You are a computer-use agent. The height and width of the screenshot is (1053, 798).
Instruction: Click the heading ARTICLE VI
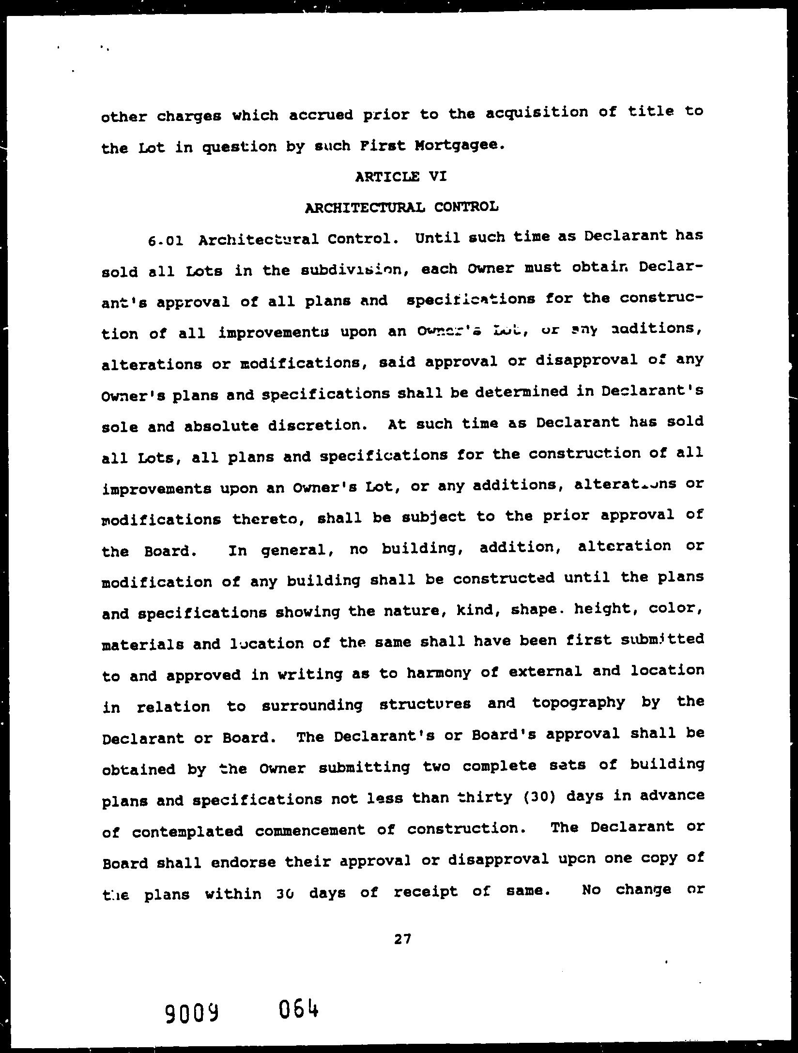(x=400, y=177)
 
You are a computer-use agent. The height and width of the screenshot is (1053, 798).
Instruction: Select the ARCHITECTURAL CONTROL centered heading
(x=401, y=208)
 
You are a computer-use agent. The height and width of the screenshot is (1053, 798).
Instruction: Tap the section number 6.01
(x=166, y=241)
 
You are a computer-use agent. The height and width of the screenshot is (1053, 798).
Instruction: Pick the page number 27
(x=402, y=939)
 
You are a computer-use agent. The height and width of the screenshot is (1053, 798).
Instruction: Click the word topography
(x=578, y=703)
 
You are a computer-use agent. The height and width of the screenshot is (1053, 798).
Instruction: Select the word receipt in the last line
(x=426, y=891)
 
